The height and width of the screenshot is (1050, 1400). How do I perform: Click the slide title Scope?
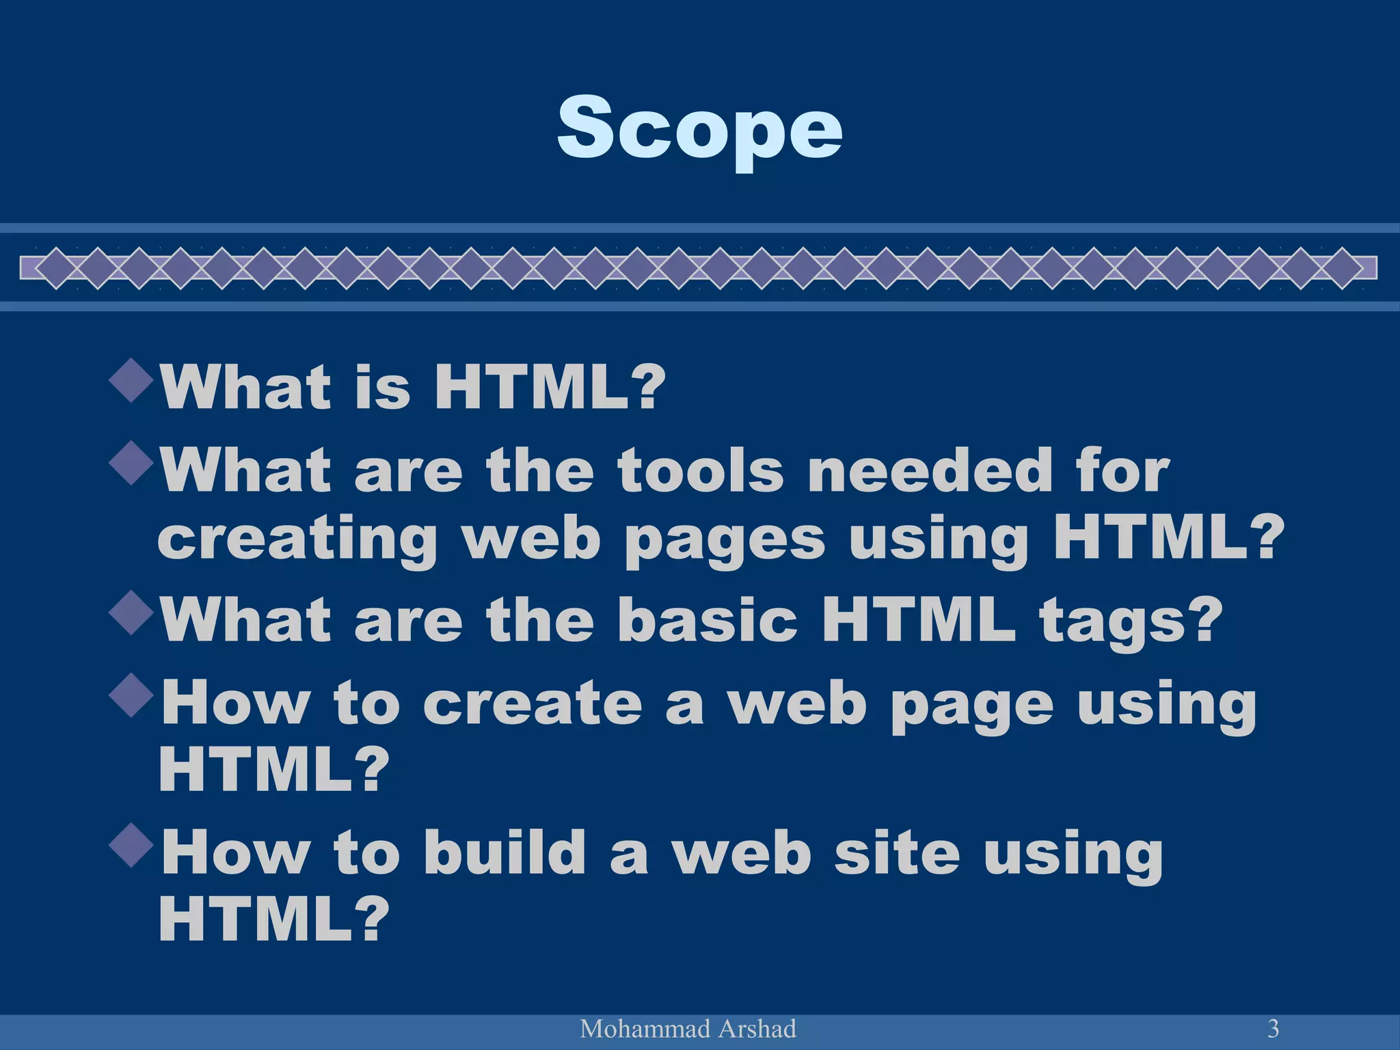point(699,128)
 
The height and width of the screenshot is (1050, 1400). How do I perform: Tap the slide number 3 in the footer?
point(1273,1028)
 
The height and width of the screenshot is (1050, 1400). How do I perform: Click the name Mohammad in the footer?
point(632,1029)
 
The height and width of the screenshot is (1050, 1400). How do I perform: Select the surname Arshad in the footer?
point(755,1029)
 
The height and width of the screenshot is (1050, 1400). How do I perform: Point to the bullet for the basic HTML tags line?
point(131,613)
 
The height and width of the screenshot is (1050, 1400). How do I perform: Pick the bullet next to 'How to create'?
point(131,696)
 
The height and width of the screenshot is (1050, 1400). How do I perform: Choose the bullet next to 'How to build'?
point(131,846)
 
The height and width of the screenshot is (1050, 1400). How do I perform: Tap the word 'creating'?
point(297,540)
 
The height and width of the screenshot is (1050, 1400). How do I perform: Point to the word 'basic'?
point(708,620)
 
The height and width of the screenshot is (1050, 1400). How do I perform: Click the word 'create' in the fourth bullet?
point(533,703)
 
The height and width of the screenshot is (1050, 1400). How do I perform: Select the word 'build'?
point(504,852)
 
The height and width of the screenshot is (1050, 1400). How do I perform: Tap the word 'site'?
point(896,852)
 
